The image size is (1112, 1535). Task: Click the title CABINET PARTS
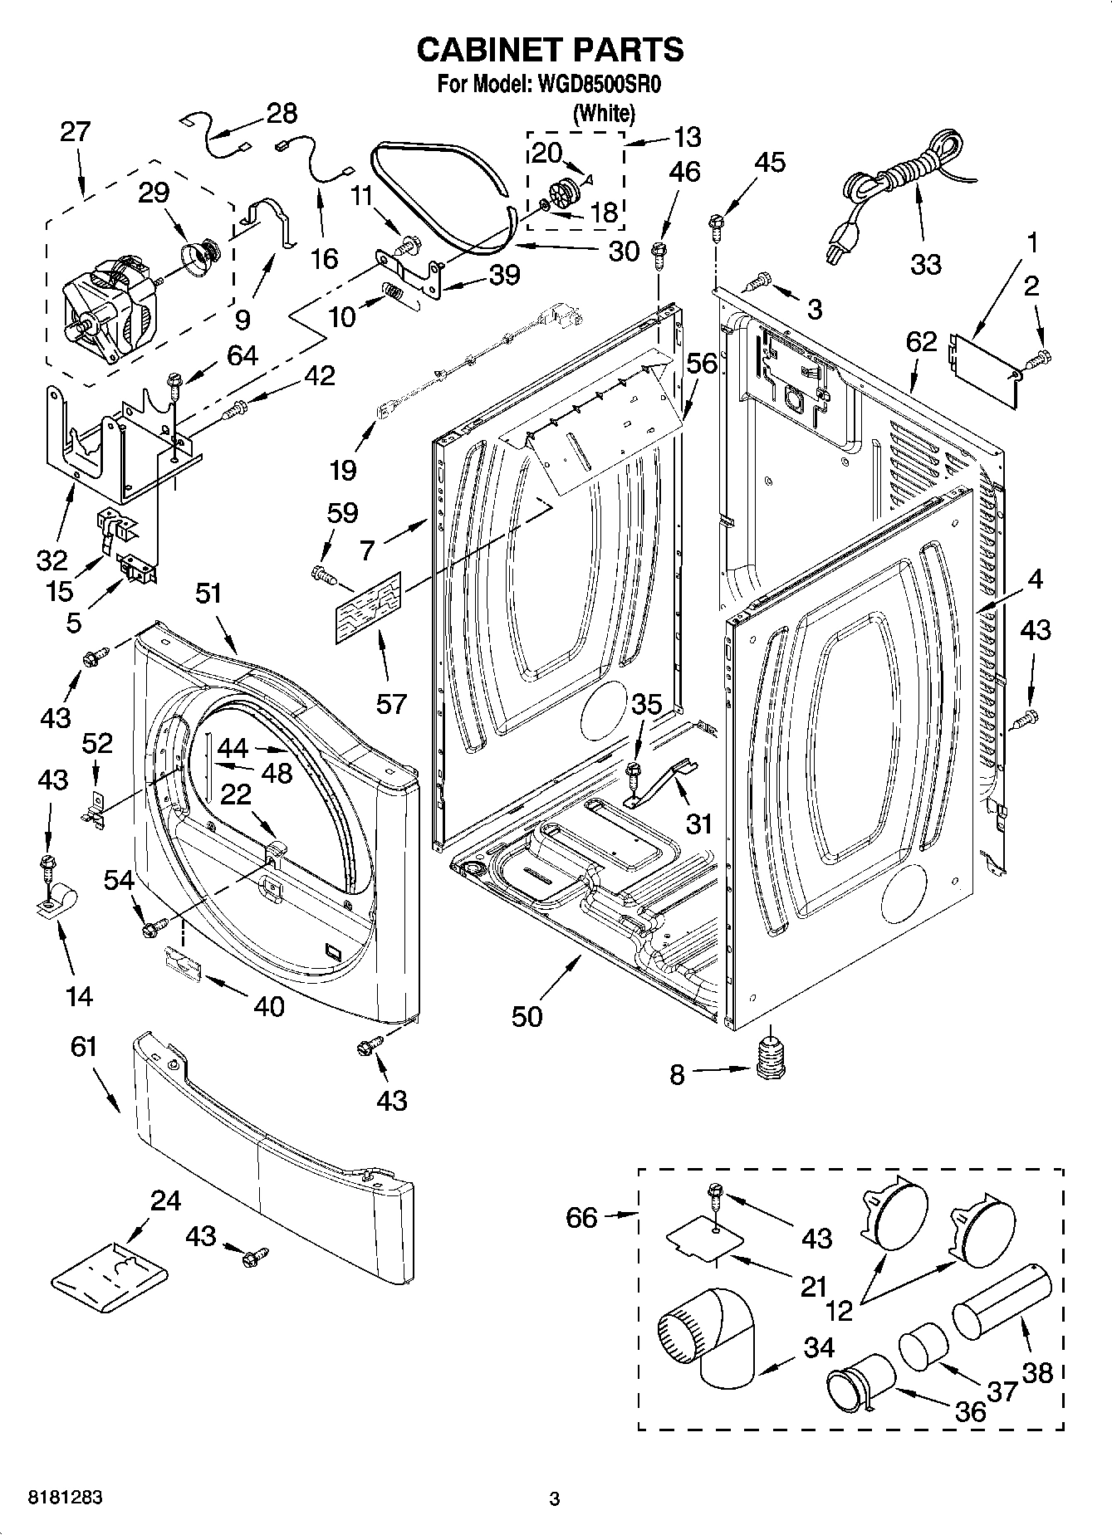pyautogui.click(x=550, y=50)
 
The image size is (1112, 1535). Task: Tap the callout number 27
pyautogui.click(x=75, y=132)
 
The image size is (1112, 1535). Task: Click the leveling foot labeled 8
pyautogui.click(x=772, y=1061)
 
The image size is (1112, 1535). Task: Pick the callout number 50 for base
pyautogui.click(x=527, y=1016)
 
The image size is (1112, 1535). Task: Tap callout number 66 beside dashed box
pyautogui.click(x=581, y=1218)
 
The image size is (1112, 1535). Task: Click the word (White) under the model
pyautogui.click(x=604, y=114)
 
